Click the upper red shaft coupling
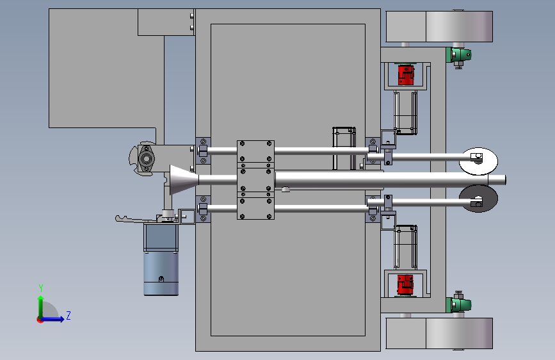406,75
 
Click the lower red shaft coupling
405,285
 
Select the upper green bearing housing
459,55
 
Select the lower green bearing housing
459,305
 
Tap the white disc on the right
478,161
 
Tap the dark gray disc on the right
478,199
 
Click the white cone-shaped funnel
184,179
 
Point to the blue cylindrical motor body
161,273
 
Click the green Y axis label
41,288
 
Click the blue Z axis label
68,315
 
